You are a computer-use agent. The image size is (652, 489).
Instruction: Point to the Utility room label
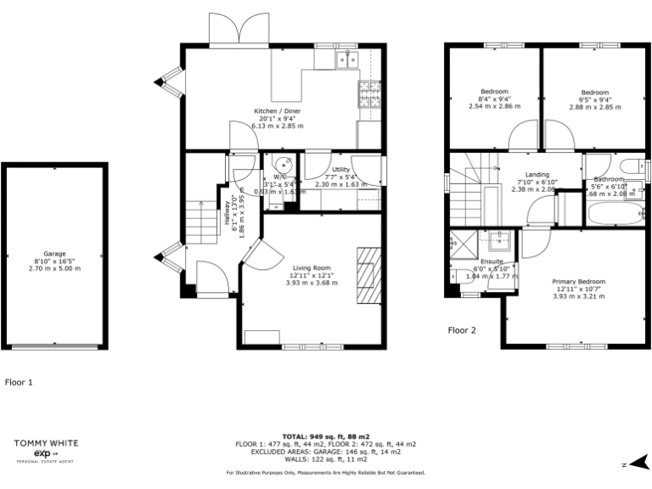341,170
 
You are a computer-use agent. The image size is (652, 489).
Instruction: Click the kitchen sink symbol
346,59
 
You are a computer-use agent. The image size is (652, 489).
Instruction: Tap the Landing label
537,175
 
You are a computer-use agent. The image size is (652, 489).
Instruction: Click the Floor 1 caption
19,382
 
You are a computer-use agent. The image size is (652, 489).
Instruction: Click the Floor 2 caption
462,330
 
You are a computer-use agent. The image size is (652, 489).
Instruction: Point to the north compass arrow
636,464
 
